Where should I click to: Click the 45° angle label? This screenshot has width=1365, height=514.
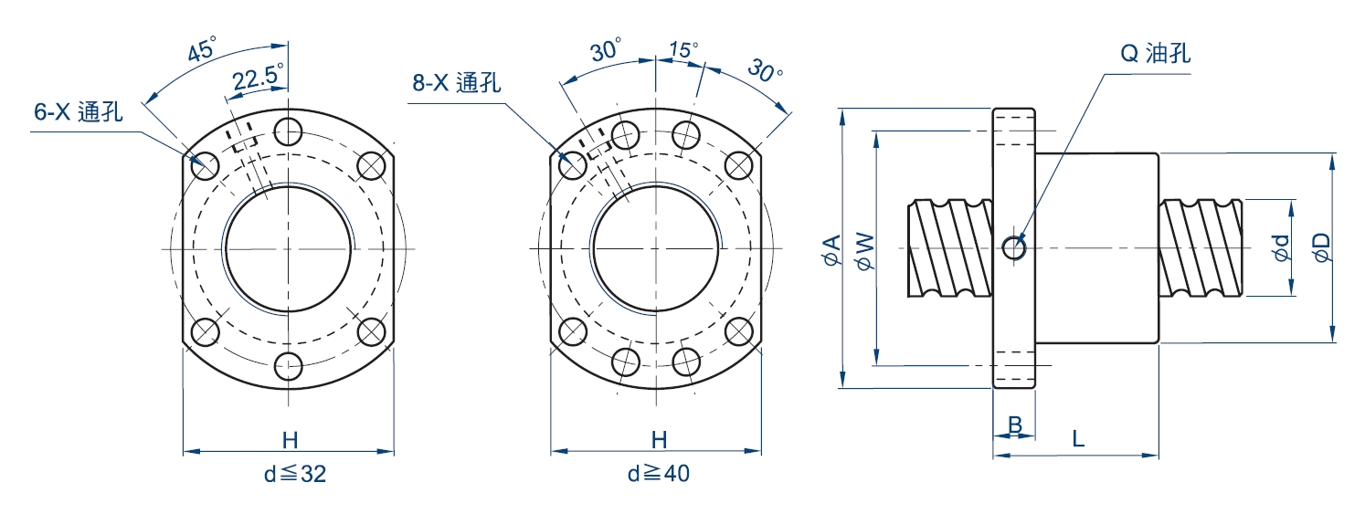(202, 49)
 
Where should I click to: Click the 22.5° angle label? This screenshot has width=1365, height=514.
(257, 79)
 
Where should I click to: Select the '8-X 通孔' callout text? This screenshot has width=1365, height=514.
(456, 82)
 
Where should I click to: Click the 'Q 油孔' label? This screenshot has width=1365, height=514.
(1155, 53)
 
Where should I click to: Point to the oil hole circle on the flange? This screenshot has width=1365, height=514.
(1014, 247)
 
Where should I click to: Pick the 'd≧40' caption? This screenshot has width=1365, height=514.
(657, 475)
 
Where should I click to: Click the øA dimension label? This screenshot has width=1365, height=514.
(831, 249)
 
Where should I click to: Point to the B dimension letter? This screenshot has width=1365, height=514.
(1014, 425)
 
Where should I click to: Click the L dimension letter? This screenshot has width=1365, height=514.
(1078, 439)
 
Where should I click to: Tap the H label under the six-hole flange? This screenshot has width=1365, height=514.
(290, 440)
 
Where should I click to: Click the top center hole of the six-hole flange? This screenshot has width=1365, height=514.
(289, 131)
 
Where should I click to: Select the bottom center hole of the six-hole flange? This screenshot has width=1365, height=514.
(289, 367)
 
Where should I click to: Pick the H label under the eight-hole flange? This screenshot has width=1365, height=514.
(658, 440)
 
